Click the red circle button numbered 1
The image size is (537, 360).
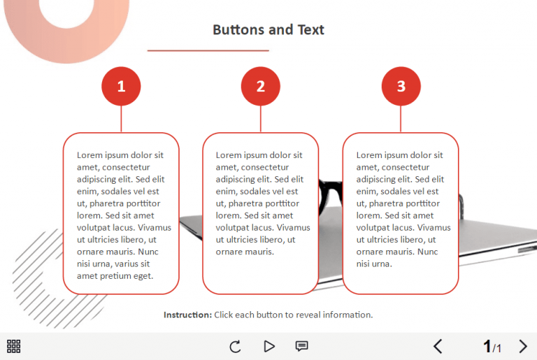click(x=121, y=87)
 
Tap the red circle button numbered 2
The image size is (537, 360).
click(x=261, y=87)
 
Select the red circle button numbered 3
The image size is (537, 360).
click(x=401, y=87)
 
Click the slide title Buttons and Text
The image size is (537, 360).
click(x=268, y=29)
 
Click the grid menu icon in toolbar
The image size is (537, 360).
click(x=13, y=346)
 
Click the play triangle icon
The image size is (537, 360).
click(x=269, y=346)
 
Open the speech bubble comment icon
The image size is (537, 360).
click(x=302, y=346)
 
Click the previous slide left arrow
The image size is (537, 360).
click(x=438, y=346)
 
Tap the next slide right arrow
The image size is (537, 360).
click(x=523, y=346)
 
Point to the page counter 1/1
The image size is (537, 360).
click(x=492, y=347)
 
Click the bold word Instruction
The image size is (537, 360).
click(x=187, y=315)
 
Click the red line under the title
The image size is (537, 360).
click(x=208, y=50)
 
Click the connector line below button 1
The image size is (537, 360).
click(x=121, y=119)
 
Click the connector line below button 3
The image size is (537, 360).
click(x=401, y=119)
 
